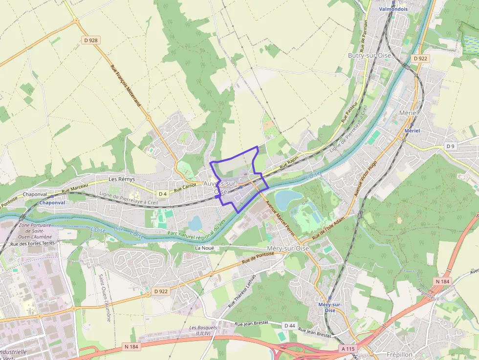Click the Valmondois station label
[x=393, y=9]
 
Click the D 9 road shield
[x=450, y=146]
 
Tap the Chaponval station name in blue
[x=52, y=202]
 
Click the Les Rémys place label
[x=122, y=179]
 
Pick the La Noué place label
[x=205, y=248]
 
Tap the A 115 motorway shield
[x=348, y=349]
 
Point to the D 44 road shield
[x=289, y=325]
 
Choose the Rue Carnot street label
[x=185, y=186]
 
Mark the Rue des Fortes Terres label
[x=33, y=244]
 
